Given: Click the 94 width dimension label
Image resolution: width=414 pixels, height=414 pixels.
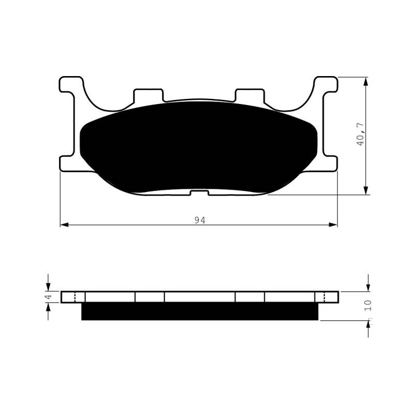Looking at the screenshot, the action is pyautogui.click(x=200, y=220).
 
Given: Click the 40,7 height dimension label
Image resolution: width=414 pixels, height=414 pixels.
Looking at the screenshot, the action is pyautogui.click(x=360, y=135).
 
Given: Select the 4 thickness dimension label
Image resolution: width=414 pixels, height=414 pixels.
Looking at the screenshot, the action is pyautogui.click(x=49, y=297).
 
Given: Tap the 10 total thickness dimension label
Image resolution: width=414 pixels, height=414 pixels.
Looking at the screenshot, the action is pyautogui.click(x=368, y=305).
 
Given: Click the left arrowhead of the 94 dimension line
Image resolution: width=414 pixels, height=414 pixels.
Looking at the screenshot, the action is pyautogui.click(x=64, y=225).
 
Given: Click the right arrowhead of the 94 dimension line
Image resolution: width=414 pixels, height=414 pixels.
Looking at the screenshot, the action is pyautogui.click(x=333, y=225).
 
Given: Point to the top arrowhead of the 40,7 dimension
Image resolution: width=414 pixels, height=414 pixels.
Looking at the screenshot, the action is pyautogui.click(x=366, y=82).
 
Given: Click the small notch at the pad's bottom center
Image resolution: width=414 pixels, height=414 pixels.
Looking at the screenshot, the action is pyautogui.click(x=199, y=193).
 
